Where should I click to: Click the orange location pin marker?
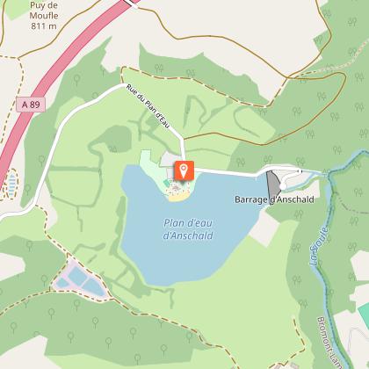tap(184, 170)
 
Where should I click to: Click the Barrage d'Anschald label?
tap(273, 200)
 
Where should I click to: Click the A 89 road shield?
tap(28, 104)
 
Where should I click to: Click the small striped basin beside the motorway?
tap(11, 184)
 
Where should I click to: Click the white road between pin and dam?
tap(228, 170)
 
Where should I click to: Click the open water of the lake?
tap(176, 255)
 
